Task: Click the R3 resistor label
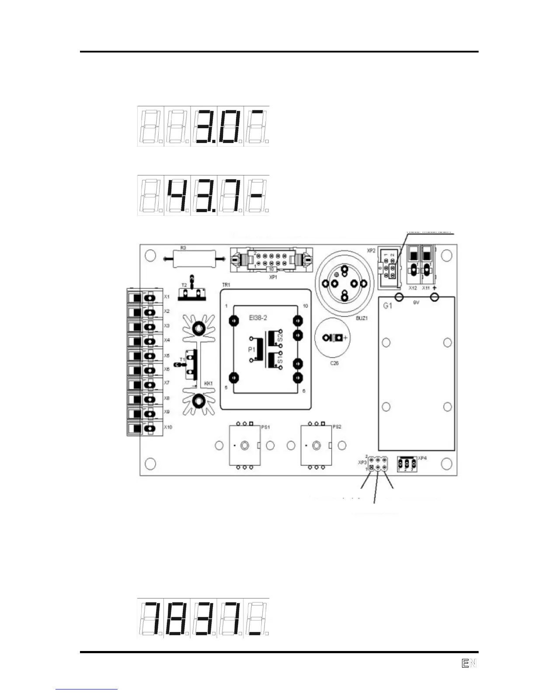(x=183, y=248)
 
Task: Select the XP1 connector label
(x=273, y=277)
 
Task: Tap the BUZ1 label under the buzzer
(x=361, y=318)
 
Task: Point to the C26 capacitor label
(x=334, y=363)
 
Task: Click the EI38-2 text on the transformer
(x=258, y=318)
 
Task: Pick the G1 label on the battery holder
(x=388, y=306)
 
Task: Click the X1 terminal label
(x=167, y=297)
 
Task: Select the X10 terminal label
(x=168, y=427)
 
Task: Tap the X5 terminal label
(x=167, y=355)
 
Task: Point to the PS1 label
(x=265, y=427)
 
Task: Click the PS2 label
(x=337, y=427)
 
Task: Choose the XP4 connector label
(x=422, y=458)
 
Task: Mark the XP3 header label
(x=361, y=462)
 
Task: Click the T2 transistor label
(x=184, y=285)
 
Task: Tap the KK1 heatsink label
(x=208, y=383)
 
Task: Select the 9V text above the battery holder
(x=416, y=303)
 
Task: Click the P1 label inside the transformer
(x=251, y=350)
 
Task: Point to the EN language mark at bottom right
(x=469, y=663)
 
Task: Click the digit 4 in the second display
(x=177, y=195)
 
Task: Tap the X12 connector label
(x=413, y=288)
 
